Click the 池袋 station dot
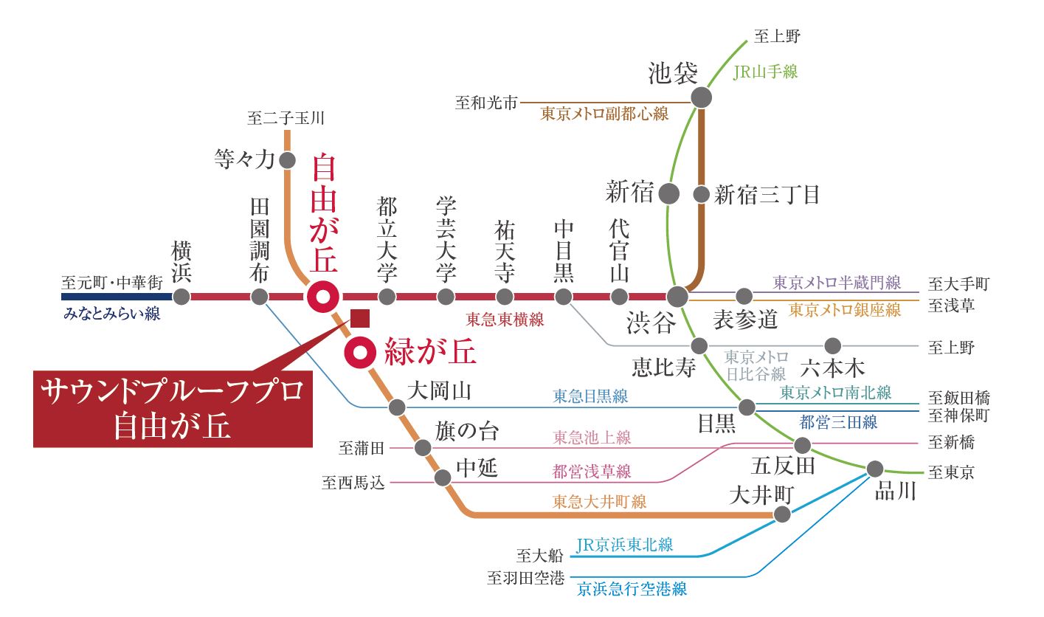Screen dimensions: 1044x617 click(701, 98)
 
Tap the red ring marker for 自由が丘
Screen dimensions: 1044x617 click(323, 297)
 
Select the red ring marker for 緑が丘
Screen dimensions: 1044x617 click(360, 353)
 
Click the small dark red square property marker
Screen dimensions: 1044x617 click(360, 319)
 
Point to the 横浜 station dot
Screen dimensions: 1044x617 click(182, 297)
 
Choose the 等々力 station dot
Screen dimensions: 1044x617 click(288, 160)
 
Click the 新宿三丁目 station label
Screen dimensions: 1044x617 click(767, 195)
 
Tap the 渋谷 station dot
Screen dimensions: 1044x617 click(677, 297)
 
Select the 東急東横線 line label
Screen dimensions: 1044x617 click(505, 320)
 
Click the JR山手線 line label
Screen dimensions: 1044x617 click(765, 72)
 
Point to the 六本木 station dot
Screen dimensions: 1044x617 click(832, 346)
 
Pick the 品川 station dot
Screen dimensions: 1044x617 click(875, 469)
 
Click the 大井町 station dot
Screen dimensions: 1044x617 click(782, 514)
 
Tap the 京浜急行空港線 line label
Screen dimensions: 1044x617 click(632, 589)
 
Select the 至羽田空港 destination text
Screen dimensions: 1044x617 click(526, 579)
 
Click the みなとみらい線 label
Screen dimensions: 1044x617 click(112, 314)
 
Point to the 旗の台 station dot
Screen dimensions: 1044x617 click(423, 448)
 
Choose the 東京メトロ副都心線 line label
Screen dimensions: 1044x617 click(604, 114)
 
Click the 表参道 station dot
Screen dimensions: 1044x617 click(744, 296)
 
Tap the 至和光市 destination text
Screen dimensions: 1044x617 click(486, 103)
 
